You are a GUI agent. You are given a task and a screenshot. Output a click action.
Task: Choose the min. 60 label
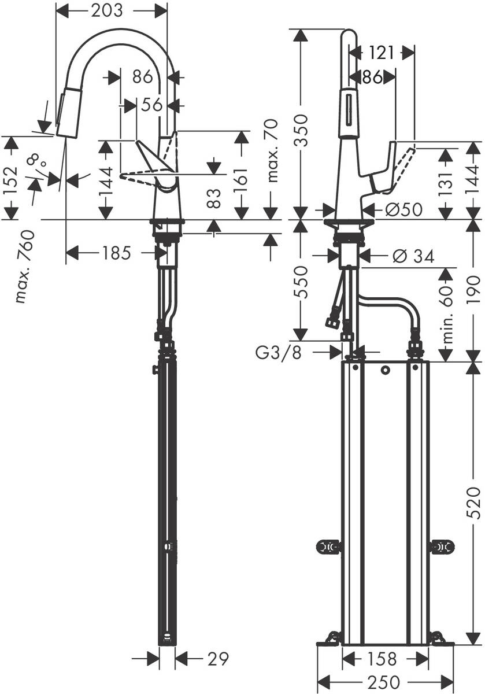446,315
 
